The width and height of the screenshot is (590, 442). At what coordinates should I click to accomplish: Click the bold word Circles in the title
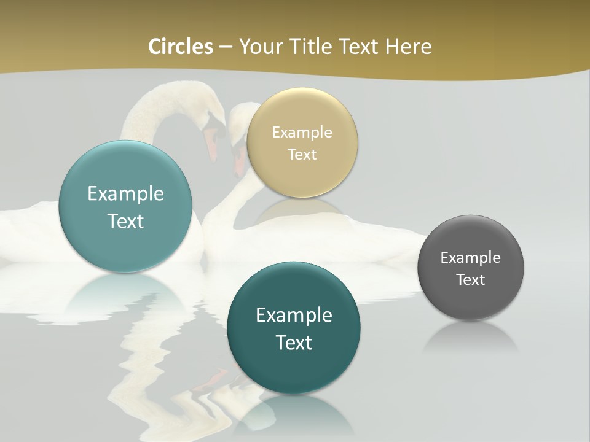point(181,47)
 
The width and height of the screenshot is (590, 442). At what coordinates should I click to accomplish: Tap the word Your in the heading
point(261,47)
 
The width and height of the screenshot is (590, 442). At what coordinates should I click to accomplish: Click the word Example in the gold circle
point(302,132)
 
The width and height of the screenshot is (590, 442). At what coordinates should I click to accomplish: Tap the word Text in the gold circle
point(302,154)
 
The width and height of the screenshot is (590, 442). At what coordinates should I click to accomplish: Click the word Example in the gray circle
point(470,257)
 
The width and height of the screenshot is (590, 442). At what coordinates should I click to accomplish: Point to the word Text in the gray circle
point(470,279)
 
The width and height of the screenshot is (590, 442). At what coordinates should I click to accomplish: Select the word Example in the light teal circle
point(125,193)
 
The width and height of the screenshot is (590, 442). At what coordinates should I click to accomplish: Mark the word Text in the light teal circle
point(125,221)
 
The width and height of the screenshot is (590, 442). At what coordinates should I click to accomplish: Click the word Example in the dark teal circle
point(294,315)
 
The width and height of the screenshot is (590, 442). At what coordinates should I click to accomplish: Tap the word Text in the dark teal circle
point(294,343)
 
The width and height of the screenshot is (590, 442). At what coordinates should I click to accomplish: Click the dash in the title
point(226,47)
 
